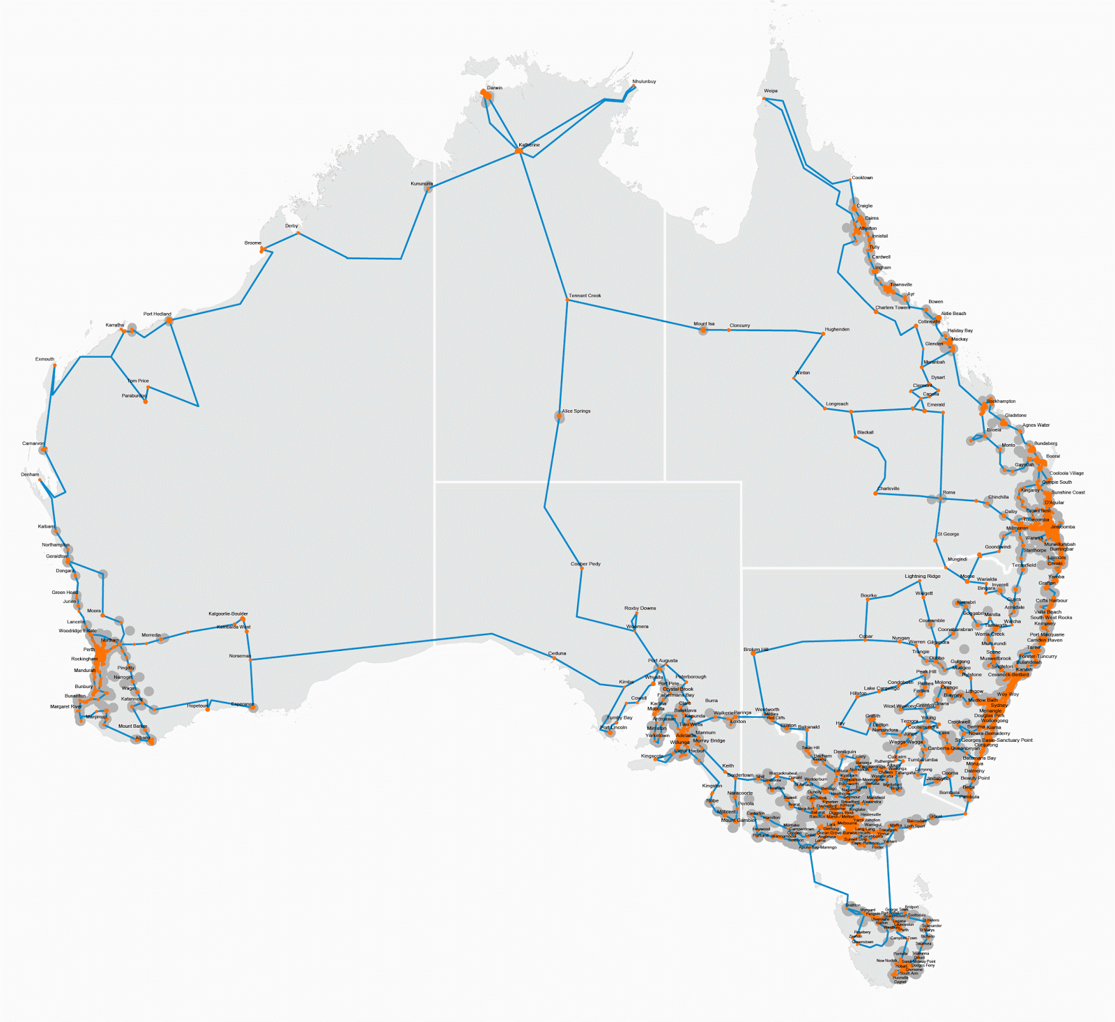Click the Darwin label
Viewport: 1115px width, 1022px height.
pyautogui.click(x=494, y=88)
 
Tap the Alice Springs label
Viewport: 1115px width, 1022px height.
pyautogui.click(x=576, y=411)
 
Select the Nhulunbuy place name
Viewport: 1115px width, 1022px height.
pyautogui.click(x=644, y=82)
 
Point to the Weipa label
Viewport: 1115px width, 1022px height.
pyautogui.click(x=770, y=91)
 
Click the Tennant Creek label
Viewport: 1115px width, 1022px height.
pyautogui.click(x=585, y=296)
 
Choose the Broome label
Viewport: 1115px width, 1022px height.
pyautogui.click(x=253, y=243)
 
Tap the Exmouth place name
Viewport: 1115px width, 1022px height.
pyautogui.click(x=45, y=359)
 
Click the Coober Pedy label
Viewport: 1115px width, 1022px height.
pyautogui.click(x=585, y=564)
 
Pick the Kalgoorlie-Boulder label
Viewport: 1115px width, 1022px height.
pyautogui.click(x=228, y=614)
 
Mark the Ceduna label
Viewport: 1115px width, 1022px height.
pyautogui.click(x=557, y=653)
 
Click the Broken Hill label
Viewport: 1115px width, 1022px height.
pyautogui.click(x=756, y=650)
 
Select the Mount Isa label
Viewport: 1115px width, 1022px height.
pyautogui.click(x=704, y=323)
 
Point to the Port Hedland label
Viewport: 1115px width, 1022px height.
pyautogui.click(x=157, y=314)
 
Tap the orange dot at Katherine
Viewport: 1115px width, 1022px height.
pyautogui.click(x=518, y=151)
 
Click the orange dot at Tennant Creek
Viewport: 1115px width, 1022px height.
pyautogui.click(x=568, y=300)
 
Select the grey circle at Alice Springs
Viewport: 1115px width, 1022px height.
pyautogui.click(x=559, y=416)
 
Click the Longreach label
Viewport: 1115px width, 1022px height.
pyautogui.click(x=837, y=404)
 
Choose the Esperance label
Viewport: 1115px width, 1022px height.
pyautogui.click(x=242, y=704)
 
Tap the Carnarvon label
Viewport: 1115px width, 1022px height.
pyautogui.click(x=33, y=443)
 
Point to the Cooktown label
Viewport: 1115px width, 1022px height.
pyautogui.click(x=862, y=178)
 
